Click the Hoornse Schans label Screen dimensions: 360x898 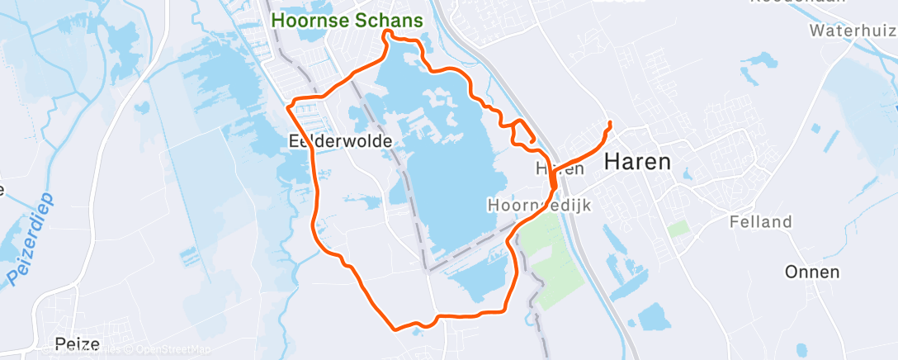click(x=347, y=19)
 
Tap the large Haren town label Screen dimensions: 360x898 click(x=637, y=162)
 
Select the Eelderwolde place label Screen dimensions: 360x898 click(x=340, y=141)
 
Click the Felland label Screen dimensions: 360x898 click(x=760, y=221)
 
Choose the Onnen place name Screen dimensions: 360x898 click(x=812, y=272)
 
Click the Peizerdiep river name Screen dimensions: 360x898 click(x=32, y=239)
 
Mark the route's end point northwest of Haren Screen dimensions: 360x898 click(x=609, y=124)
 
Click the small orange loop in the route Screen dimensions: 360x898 click(x=522, y=132)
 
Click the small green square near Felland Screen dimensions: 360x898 click(x=678, y=228)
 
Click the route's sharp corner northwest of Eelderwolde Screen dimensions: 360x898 click(x=288, y=106)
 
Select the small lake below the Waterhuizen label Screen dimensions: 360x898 click(x=758, y=61)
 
